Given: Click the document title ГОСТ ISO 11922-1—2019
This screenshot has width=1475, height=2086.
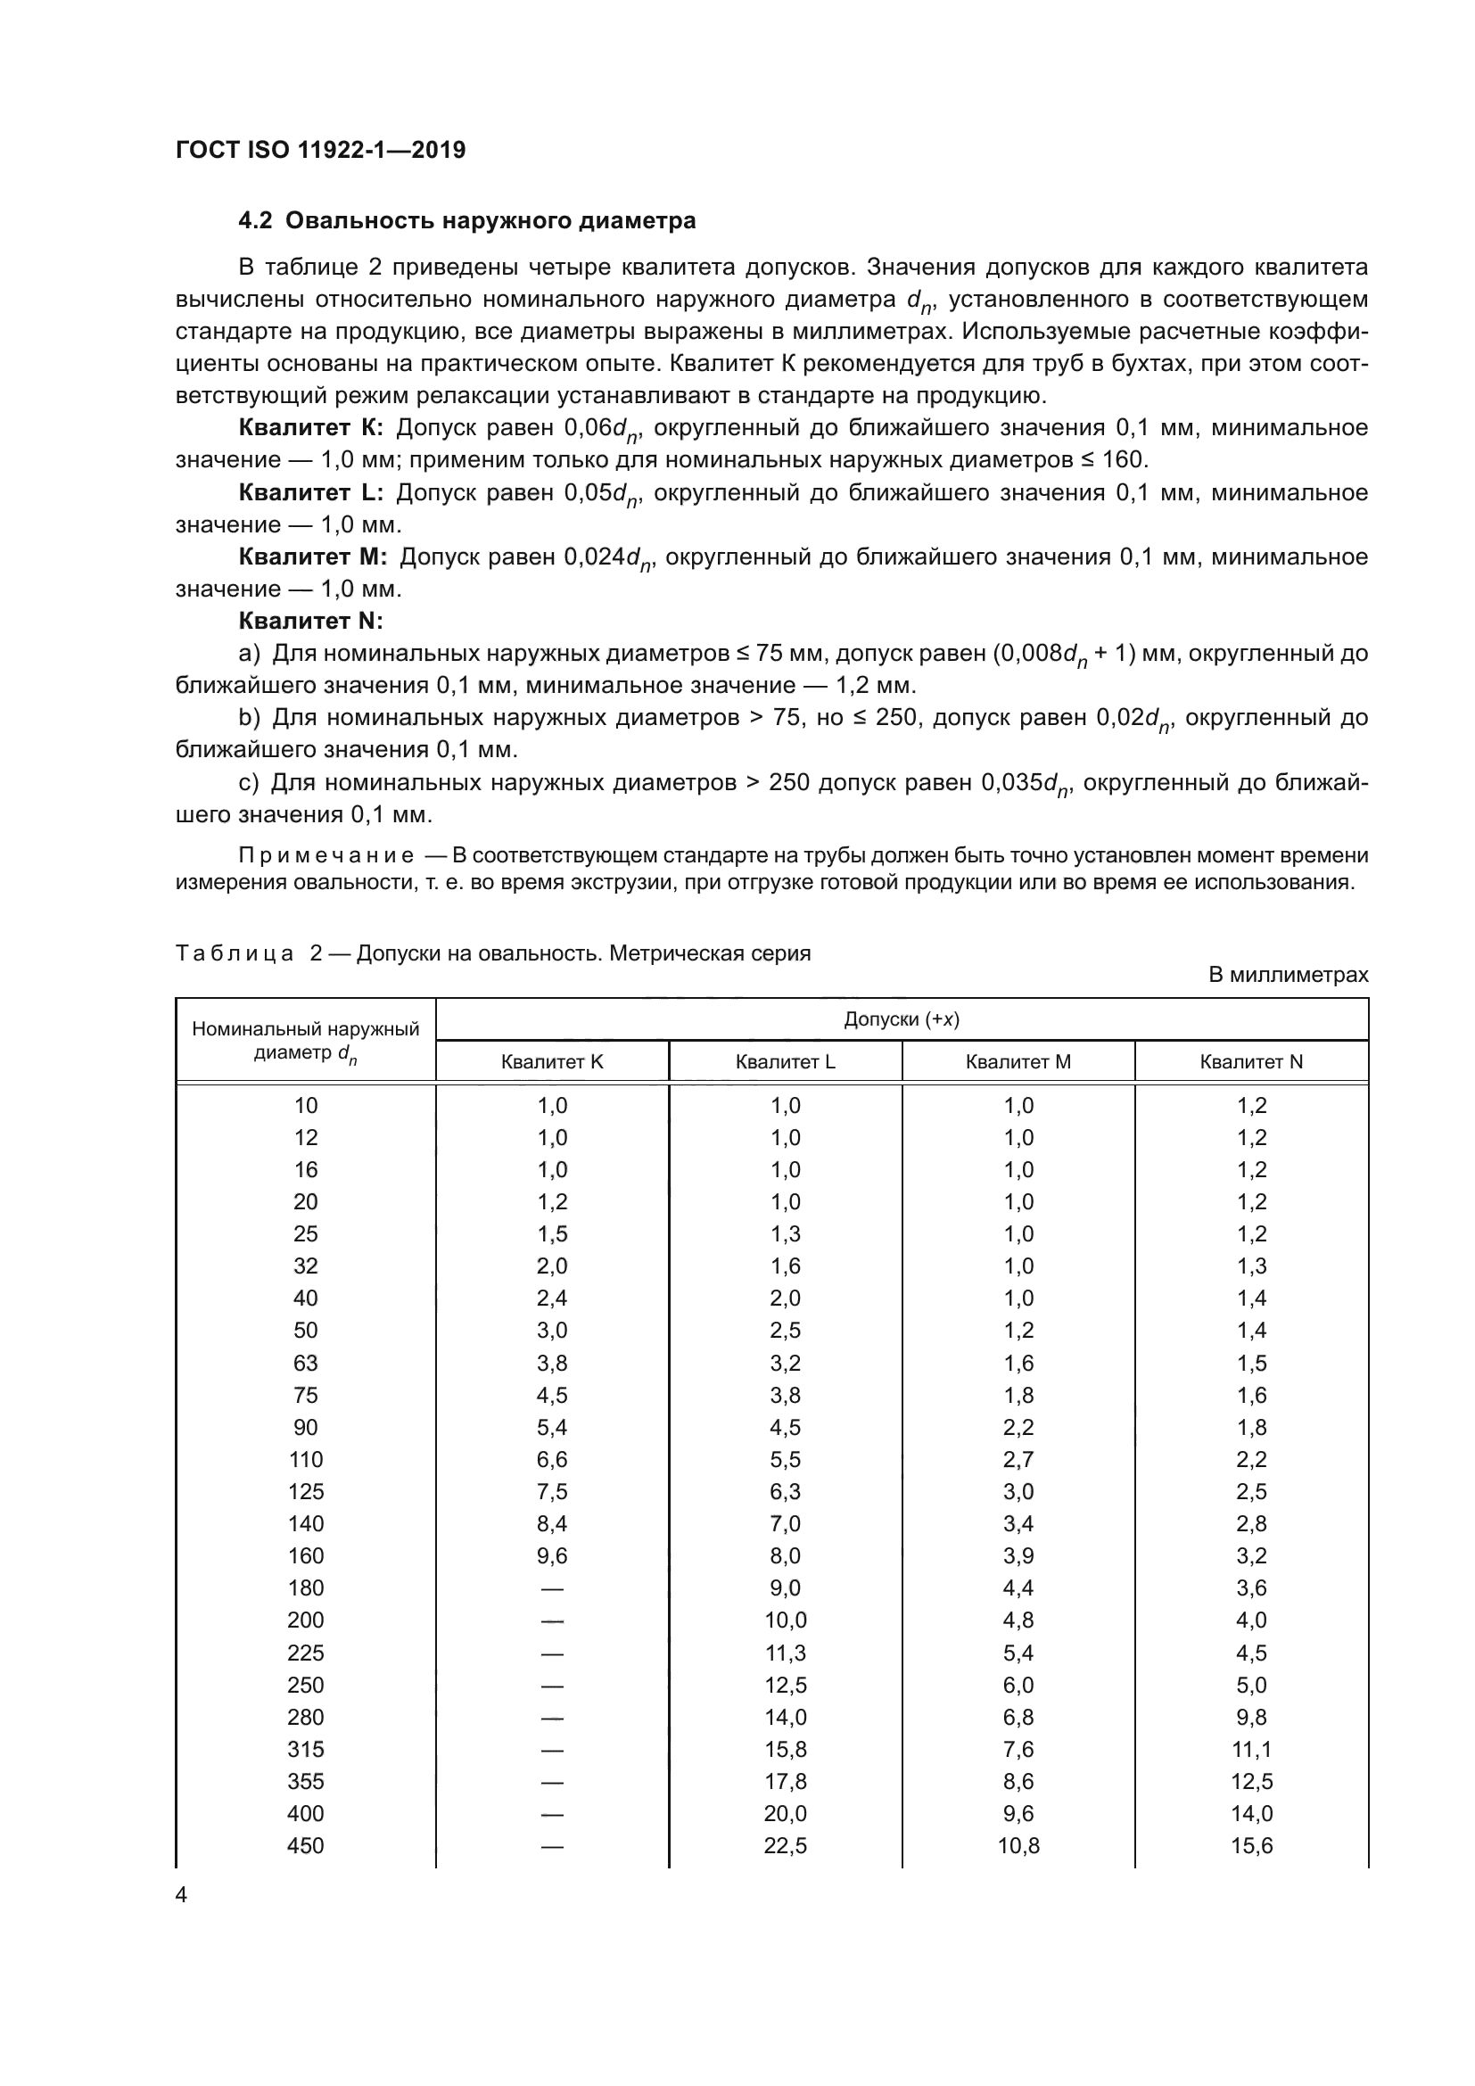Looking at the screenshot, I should (320, 150).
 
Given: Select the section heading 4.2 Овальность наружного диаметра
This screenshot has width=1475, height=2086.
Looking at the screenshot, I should (466, 221).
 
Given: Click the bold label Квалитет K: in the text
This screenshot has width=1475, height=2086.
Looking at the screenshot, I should (310, 428).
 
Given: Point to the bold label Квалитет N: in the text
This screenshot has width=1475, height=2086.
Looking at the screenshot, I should (310, 622).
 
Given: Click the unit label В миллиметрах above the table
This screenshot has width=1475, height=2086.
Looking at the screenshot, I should (1288, 976).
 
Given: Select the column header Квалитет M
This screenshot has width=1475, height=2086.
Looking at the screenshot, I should (1018, 1062).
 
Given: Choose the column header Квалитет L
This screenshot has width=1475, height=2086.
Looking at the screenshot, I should (785, 1062).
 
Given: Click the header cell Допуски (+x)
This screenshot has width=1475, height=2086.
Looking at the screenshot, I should (901, 1019).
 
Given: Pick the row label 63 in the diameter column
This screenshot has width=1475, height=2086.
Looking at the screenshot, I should (305, 1363).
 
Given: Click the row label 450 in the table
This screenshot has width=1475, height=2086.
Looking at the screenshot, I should (305, 1845).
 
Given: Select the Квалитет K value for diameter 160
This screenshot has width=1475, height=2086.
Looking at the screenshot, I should (551, 1555).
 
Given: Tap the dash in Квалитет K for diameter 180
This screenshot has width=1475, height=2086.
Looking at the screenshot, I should (551, 1588).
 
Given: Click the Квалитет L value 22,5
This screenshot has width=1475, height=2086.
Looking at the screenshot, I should (785, 1845).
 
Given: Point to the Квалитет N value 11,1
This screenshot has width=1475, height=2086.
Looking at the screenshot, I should (1251, 1749).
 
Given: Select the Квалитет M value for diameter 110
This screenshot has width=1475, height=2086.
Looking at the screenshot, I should (1018, 1459).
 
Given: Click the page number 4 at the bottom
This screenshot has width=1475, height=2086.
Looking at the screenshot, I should (181, 1894).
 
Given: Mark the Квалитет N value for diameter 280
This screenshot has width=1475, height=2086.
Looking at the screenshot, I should (1251, 1717).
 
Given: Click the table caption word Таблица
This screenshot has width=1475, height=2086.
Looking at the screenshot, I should (235, 954).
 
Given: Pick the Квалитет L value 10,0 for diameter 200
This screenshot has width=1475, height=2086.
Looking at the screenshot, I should (785, 1620).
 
